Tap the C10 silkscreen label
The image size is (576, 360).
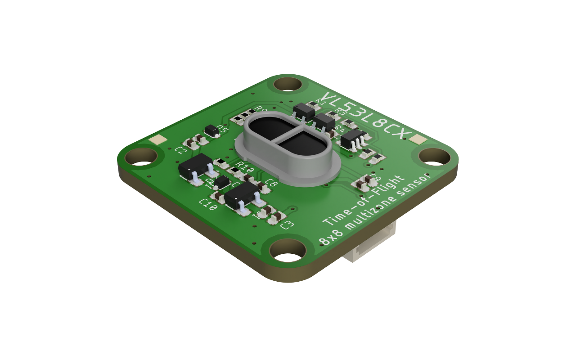pyautogui.click(x=208, y=205)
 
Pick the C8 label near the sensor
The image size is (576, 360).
pyautogui.click(x=271, y=183)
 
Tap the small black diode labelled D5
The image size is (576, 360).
pyautogui.click(x=211, y=131)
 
